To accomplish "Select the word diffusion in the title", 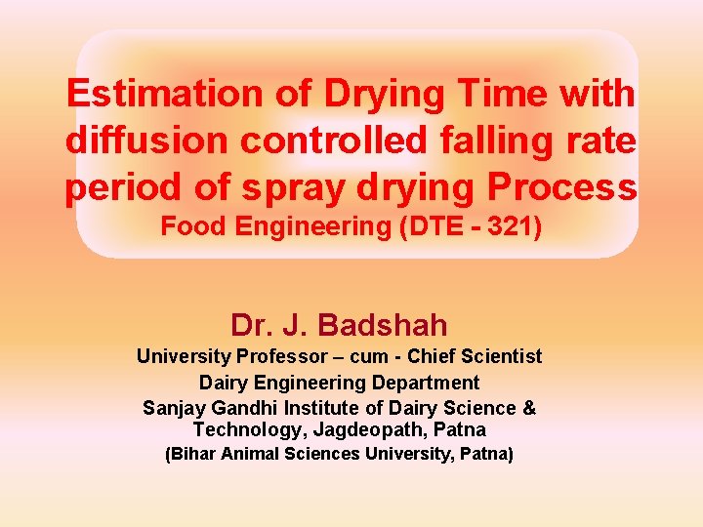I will [x=147, y=142].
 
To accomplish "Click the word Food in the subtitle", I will [x=189, y=226].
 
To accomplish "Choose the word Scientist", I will [x=496, y=357].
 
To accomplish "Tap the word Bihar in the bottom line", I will [x=193, y=454].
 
